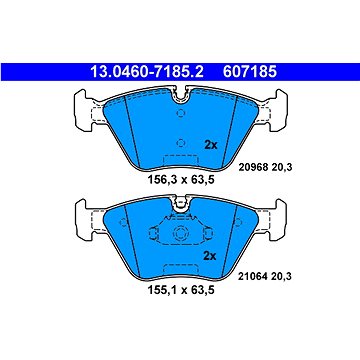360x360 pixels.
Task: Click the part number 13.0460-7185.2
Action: click(x=147, y=72)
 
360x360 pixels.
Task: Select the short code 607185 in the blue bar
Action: click(x=250, y=72)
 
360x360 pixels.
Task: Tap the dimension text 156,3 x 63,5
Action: click(x=180, y=180)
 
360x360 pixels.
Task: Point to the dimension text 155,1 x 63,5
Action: click(x=180, y=290)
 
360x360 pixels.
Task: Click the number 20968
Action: click(x=254, y=168)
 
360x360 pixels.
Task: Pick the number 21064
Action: click(x=254, y=276)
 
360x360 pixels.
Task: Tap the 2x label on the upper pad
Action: click(x=210, y=145)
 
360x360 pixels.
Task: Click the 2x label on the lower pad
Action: click(x=210, y=256)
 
